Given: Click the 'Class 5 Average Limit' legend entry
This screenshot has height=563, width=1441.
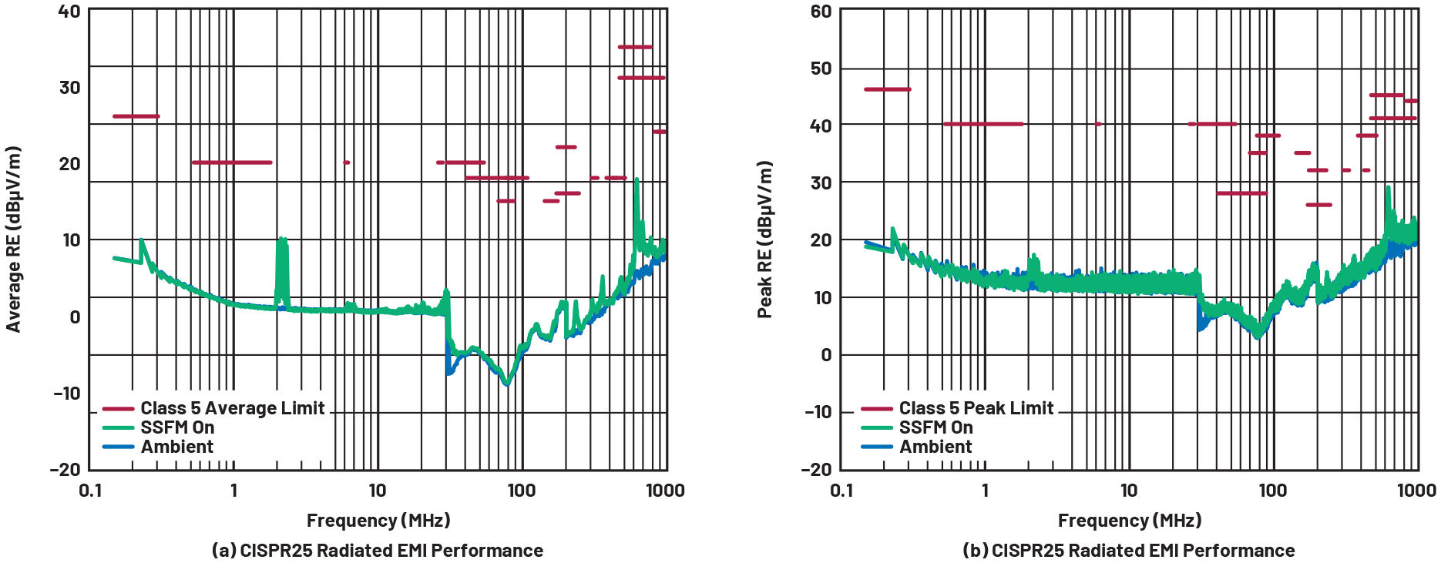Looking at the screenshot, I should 232,408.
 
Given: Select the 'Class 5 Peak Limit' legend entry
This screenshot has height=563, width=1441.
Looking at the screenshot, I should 976,408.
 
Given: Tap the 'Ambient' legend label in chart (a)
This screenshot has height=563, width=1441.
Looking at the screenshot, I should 176,447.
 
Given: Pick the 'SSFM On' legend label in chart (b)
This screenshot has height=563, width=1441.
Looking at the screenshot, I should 935,427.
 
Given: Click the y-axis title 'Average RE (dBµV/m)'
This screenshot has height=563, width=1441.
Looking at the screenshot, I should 13,240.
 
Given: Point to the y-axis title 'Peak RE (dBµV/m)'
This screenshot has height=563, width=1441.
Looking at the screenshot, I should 764,240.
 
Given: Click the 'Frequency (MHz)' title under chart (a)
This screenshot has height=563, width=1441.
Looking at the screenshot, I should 378,521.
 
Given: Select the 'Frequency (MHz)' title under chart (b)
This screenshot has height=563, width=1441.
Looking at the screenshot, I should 1130,521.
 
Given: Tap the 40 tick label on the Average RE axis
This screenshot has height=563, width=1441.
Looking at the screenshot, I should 69,12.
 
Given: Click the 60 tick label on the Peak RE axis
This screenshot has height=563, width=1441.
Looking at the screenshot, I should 821,12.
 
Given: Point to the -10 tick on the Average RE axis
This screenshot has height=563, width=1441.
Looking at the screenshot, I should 67,394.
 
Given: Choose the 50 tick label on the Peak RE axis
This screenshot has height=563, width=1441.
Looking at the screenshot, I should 821,69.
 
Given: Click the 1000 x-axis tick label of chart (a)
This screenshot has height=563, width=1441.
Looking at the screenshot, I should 665,491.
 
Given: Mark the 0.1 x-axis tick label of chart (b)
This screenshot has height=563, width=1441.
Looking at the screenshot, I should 842,491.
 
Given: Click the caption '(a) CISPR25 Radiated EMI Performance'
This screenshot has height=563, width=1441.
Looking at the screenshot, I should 378,551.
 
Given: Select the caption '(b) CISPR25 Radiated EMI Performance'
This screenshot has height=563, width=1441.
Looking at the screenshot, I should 1129,551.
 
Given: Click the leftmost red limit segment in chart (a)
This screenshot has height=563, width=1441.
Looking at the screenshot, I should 136,116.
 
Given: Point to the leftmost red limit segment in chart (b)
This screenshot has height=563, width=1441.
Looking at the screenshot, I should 887,89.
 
